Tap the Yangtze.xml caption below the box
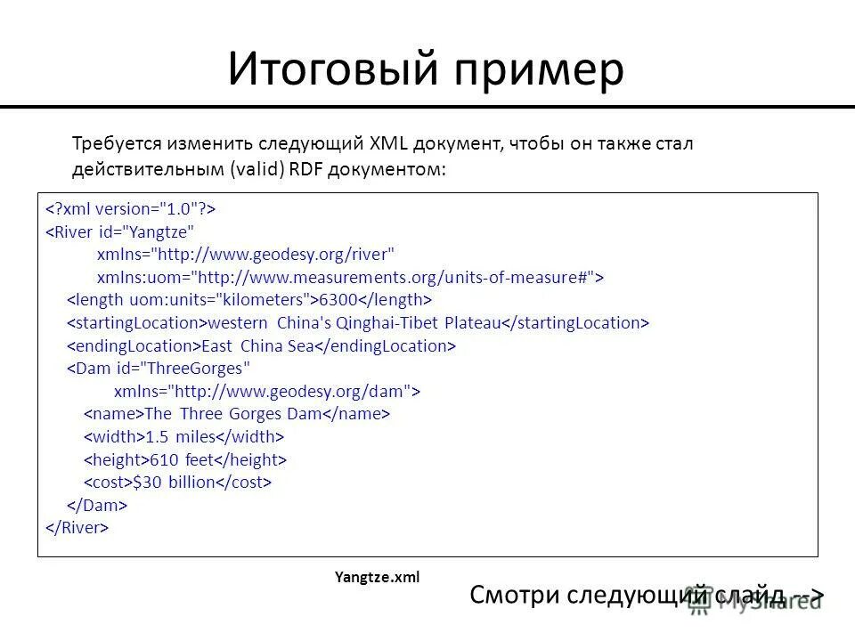[x=377, y=577]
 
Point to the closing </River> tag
[x=77, y=527]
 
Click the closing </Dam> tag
[x=98, y=505]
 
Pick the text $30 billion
[x=175, y=482]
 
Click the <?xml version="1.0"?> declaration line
[x=130, y=208]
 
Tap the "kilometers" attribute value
[x=273, y=298]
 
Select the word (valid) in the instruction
[x=254, y=167]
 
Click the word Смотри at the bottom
[x=522, y=595]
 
